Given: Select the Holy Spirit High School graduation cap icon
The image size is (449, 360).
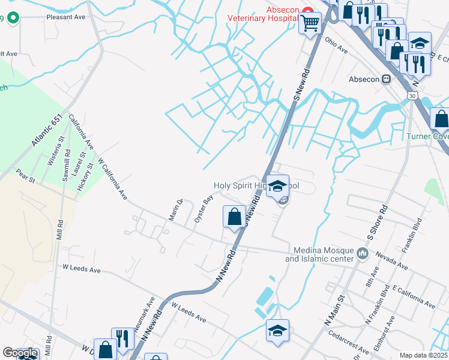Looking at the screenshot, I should click(x=278, y=186).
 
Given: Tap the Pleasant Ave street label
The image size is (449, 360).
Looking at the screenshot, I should click(x=66, y=17).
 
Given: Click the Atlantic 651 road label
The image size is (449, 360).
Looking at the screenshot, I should click(x=49, y=133).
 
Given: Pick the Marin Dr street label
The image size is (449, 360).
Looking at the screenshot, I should click(x=175, y=209).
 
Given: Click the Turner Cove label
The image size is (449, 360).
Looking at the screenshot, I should click(x=427, y=136).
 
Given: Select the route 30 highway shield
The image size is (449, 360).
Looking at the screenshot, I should click(x=411, y=96).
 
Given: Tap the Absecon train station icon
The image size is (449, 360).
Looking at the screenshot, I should click(x=387, y=79).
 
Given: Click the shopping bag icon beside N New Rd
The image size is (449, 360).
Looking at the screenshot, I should click(x=234, y=217).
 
